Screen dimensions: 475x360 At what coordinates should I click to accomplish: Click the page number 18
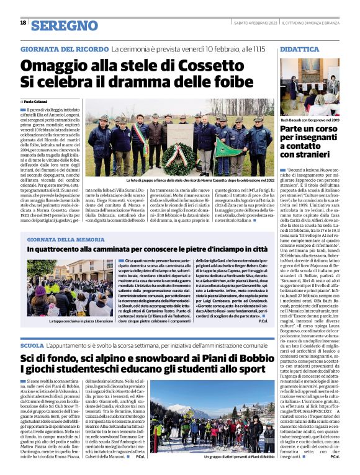tap(23, 23)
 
